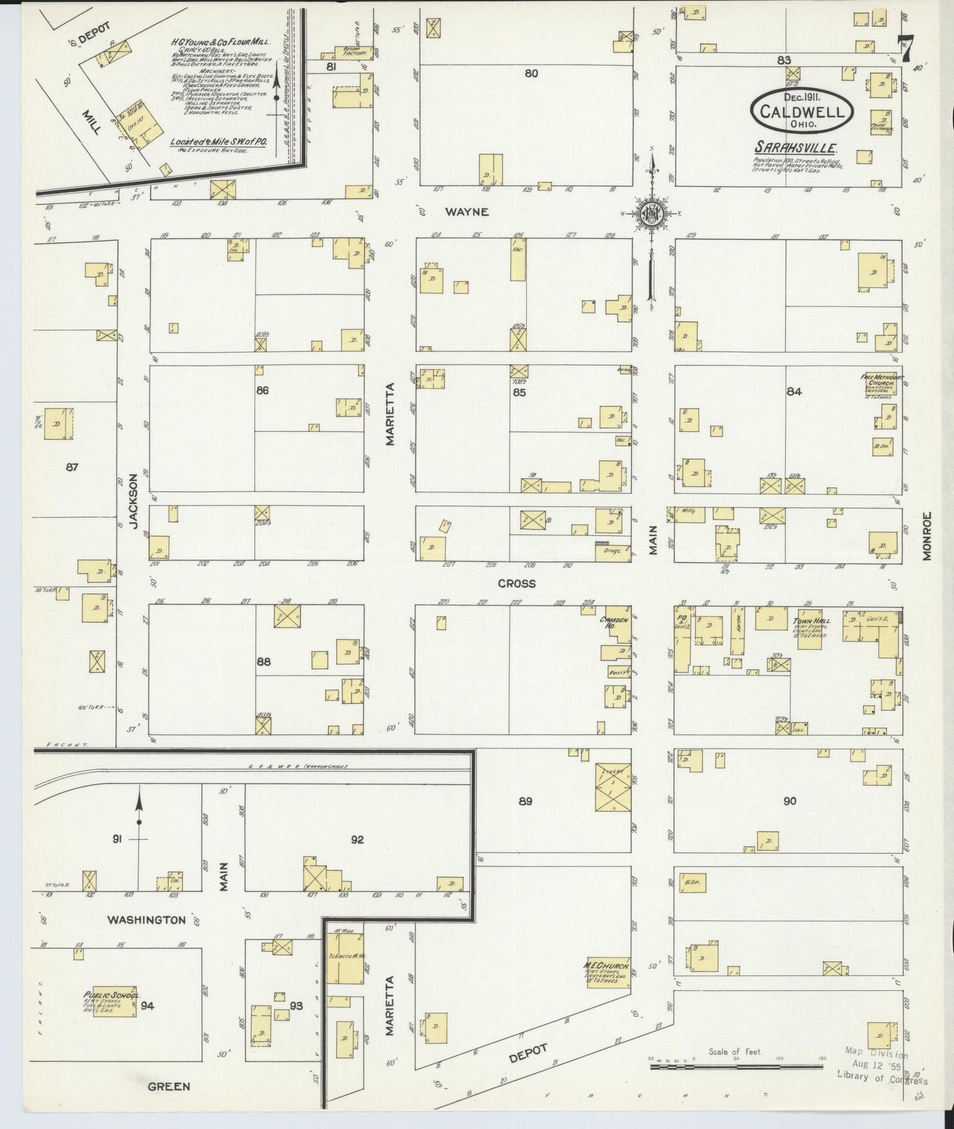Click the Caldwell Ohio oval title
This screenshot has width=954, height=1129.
pos(801,110)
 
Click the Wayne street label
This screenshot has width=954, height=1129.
pos(466,212)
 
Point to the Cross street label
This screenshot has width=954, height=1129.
pos(517,584)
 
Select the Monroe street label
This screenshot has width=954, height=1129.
pos(927,536)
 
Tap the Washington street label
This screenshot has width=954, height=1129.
pos(147,920)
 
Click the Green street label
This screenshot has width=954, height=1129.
pos(169,1086)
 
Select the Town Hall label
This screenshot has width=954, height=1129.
pos(811,621)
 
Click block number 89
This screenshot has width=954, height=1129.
pos(525,802)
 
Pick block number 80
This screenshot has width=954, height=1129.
pos(531,73)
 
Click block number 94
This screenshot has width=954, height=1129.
pos(147,1006)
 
